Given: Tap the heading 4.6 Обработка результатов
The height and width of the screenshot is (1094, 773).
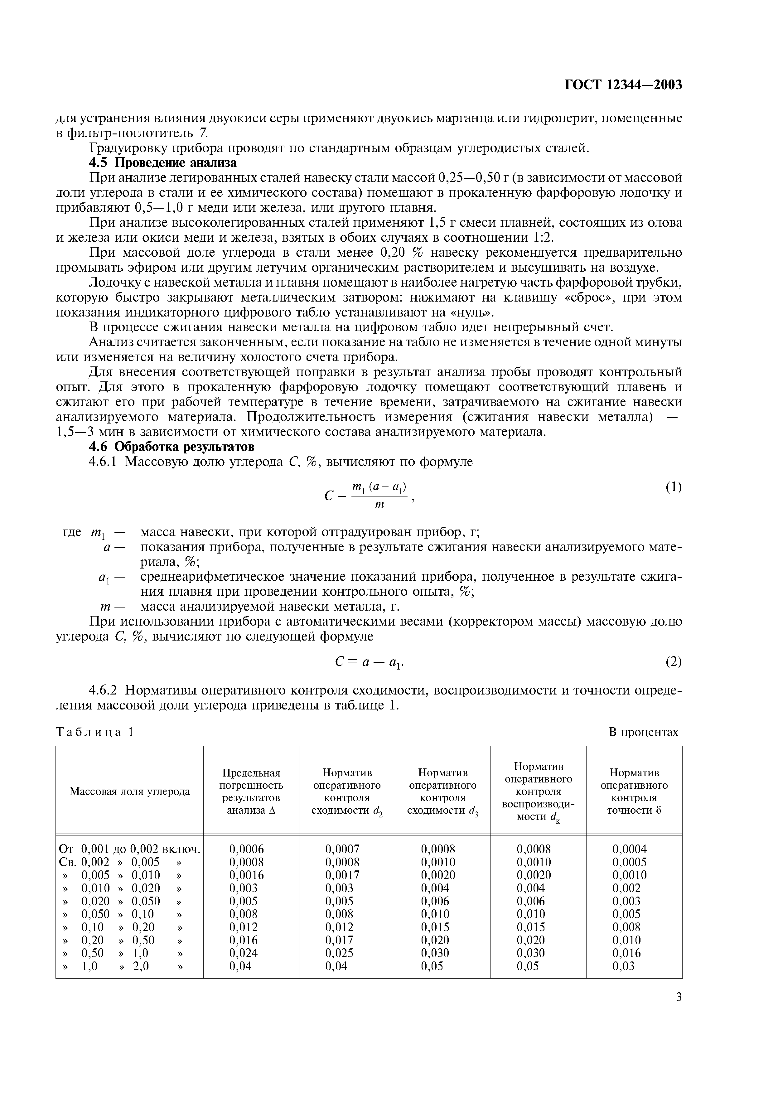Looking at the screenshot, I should [172, 447].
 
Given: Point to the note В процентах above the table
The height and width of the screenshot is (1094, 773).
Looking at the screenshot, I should [643, 732].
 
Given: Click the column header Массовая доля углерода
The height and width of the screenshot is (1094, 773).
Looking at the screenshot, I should [129, 791].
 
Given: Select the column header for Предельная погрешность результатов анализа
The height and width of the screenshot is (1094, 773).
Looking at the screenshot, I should [251, 791].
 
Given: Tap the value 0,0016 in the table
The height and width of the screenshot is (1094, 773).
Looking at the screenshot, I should [246, 875].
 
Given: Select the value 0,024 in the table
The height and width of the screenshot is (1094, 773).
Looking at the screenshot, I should [244, 953].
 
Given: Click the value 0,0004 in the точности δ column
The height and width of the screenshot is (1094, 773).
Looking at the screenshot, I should [630, 849].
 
